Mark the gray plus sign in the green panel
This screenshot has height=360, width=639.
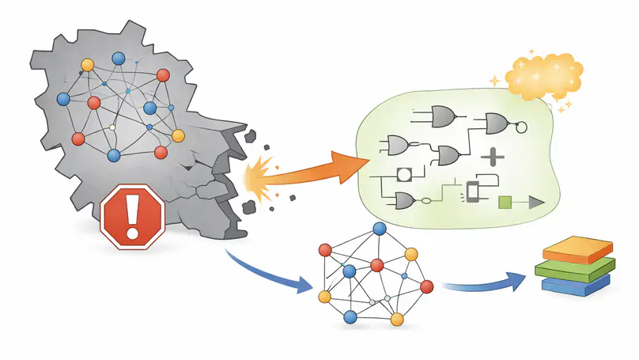click(493, 157)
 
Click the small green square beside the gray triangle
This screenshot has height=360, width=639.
click(507, 203)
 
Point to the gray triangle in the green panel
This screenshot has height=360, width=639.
click(538, 203)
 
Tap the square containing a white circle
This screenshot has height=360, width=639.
click(403, 174)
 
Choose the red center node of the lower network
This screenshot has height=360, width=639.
click(377, 264)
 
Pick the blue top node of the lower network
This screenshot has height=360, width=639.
click(380, 229)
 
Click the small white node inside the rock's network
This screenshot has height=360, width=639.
click(112, 127)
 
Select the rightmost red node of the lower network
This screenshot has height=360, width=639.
click(427, 285)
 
